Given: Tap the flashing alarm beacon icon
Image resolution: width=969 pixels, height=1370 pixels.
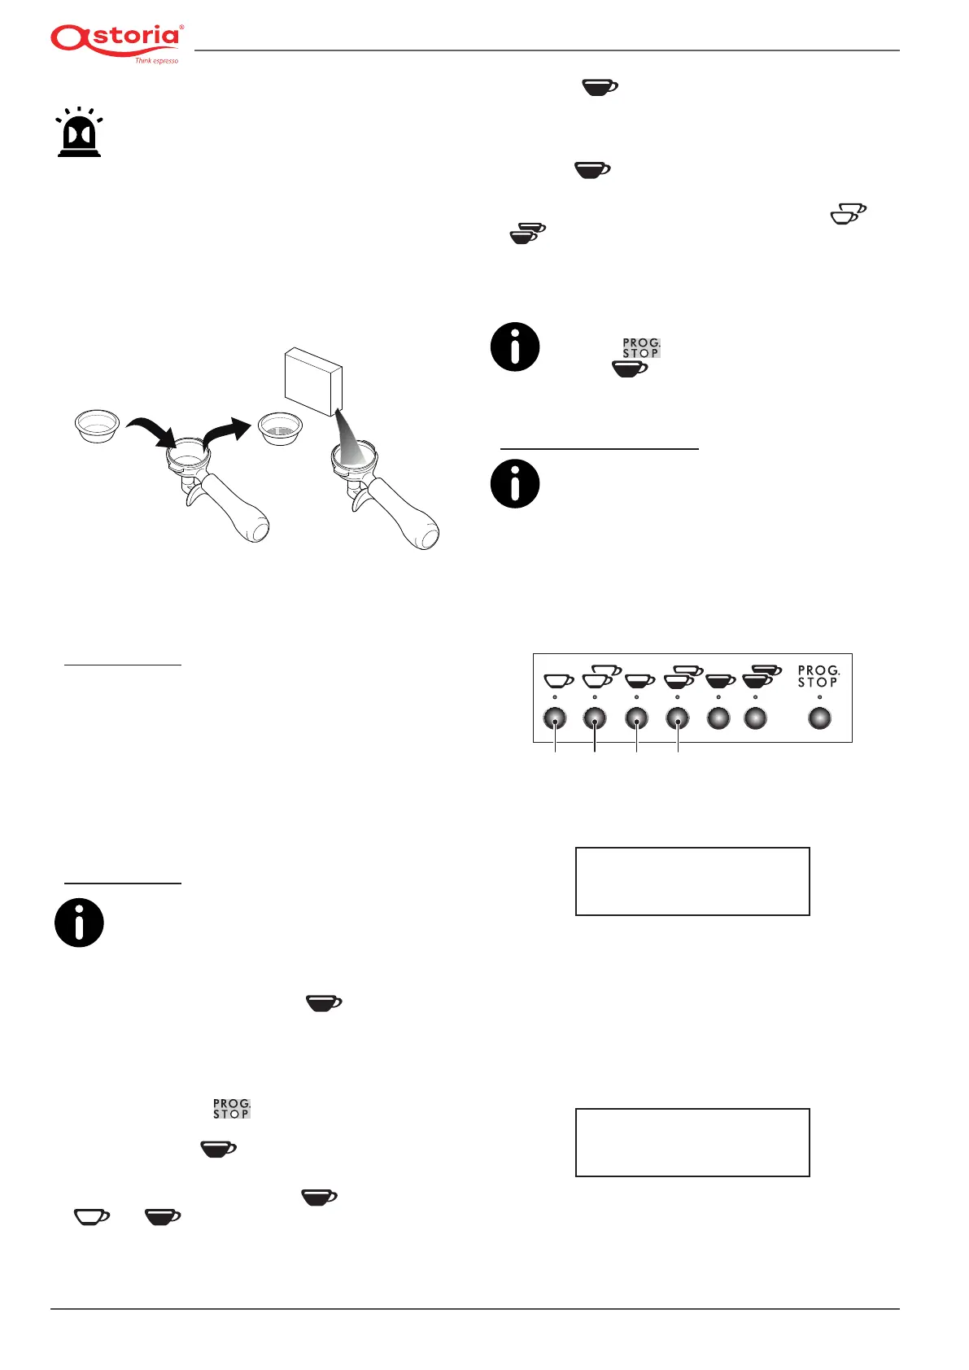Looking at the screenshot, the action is pyautogui.click(x=79, y=132).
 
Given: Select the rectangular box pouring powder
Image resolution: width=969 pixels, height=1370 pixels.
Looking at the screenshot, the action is pyautogui.click(x=313, y=380).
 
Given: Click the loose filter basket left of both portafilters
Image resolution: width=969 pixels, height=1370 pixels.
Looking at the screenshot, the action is pyautogui.click(x=97, y=425).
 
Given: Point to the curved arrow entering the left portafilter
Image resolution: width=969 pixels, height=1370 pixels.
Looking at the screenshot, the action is pyautogui.click(x=152, y=428).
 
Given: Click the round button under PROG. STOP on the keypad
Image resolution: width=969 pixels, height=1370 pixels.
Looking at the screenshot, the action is pyautogui.click(x=819, y=718).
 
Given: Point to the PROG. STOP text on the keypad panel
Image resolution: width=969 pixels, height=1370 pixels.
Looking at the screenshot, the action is pyautogui.click(x=818, y=677).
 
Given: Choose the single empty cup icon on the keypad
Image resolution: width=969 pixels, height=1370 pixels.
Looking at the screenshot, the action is pyautogui.click(x=557, y=679).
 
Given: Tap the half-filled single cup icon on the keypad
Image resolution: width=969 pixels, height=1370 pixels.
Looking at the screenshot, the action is pyautogui.click(x=639, y=679).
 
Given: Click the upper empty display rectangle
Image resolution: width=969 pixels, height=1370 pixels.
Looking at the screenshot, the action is pyautogui.click(x=692, y=881).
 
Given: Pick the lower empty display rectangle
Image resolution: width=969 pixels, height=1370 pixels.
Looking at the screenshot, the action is pyautogui.click(x=692, y=1141).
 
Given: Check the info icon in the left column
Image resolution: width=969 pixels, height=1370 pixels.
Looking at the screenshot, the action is pyautogui.click(x=79, y=923).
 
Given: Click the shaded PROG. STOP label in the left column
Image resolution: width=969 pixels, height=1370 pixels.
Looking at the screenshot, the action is pyautogui.click(x=232, y=1109).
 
